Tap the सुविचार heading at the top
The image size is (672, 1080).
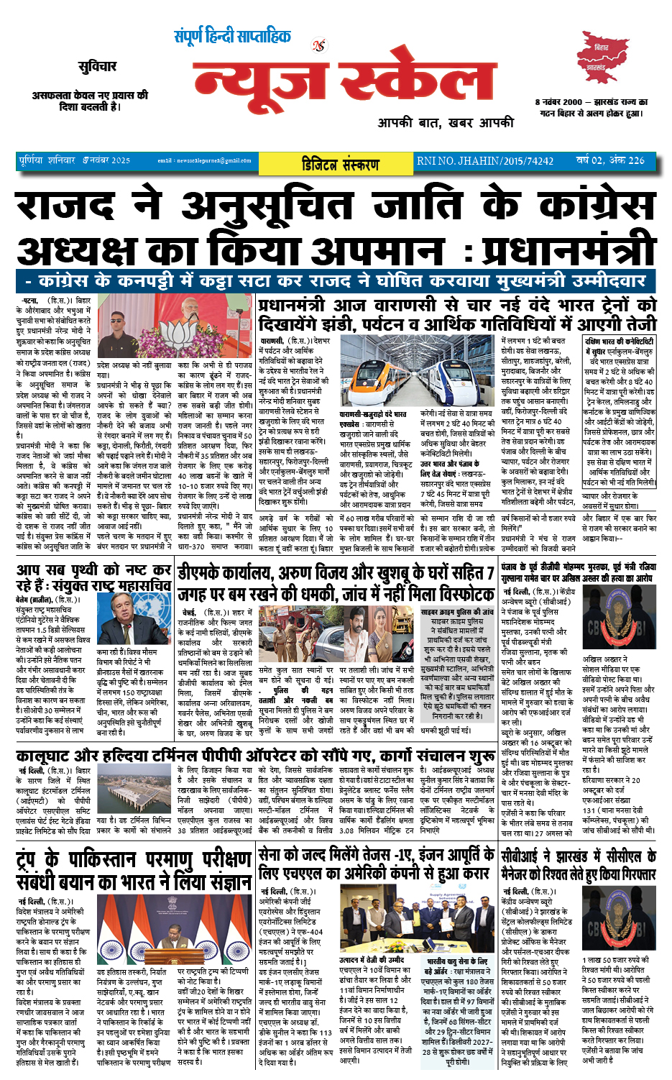(x=97, y=67)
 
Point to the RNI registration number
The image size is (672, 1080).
(x=485, y=161)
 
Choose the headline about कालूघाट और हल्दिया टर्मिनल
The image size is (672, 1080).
(x=255, y=756)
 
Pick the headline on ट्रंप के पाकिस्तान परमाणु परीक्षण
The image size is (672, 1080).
(x=134, y=870)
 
